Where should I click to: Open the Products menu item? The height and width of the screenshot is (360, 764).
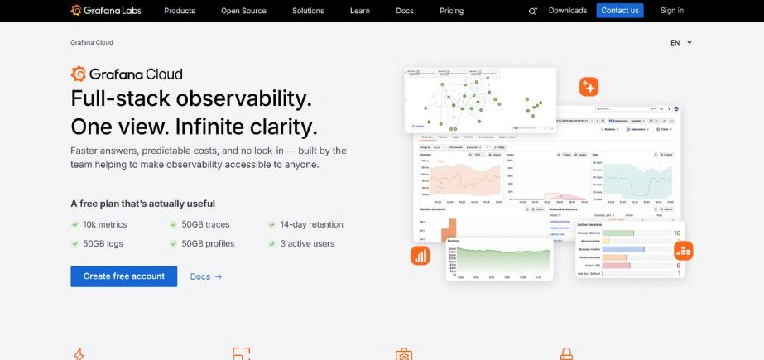(180, 11)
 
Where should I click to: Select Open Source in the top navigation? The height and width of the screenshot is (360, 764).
(243, 11)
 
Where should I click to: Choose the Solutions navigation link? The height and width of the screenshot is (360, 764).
(308, 11)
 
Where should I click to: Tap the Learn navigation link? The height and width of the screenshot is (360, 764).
(360, 11)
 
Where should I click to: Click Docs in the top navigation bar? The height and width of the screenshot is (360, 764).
(405, 11)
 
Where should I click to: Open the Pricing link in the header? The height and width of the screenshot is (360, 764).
(452, 11)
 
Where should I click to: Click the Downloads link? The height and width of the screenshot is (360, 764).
(568, 11)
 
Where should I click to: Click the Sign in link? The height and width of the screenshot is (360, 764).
(672, 11)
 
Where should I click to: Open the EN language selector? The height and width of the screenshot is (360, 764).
(680, 42)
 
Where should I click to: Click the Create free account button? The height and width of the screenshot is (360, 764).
(124, 276)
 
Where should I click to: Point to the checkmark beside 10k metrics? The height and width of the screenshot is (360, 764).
(75, 224)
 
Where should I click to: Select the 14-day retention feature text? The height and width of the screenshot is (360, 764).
(311, 224)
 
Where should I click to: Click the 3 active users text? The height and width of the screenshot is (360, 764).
(307, 244)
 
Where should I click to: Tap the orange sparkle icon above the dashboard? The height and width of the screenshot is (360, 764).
(589, 87)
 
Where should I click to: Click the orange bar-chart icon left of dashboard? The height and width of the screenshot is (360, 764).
(420, 256)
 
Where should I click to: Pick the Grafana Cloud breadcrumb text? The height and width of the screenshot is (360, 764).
(92, 42)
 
